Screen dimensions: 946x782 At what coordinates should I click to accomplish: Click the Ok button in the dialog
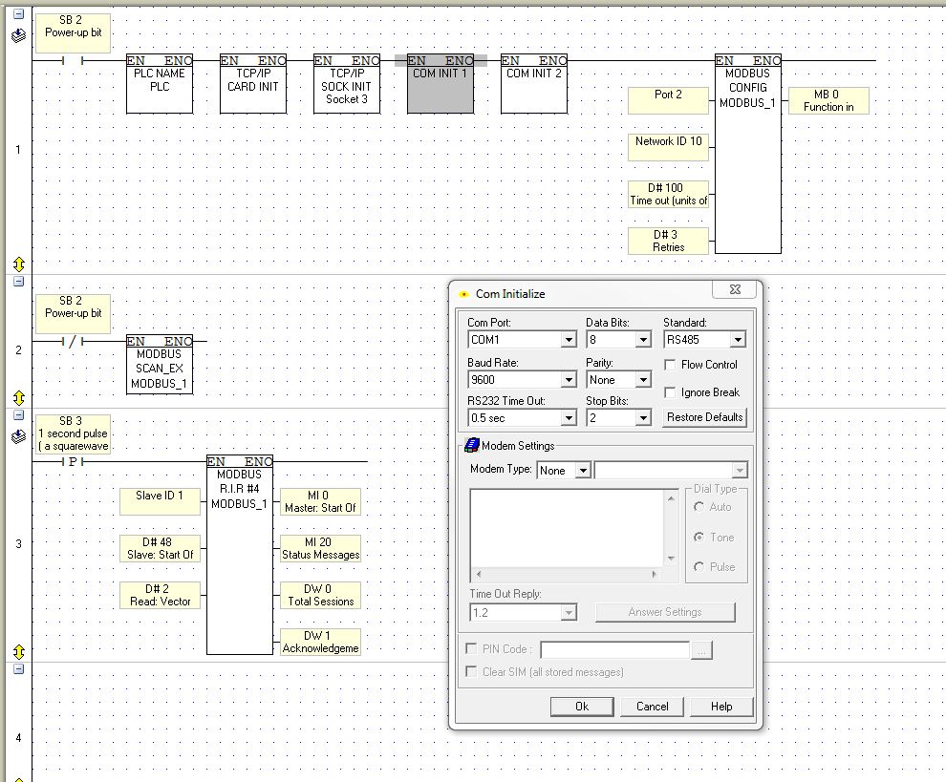[x=582, y=706]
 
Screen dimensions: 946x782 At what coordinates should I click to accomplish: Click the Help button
[x=720, y=706]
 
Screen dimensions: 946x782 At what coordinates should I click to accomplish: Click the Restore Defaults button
[x=704, y=417]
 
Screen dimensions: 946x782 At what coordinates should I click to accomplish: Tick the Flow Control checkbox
[x=670, y=365]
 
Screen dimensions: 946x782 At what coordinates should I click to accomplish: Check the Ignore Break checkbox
[x=670, y=392]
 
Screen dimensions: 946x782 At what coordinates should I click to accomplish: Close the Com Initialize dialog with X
[x=735, y=289]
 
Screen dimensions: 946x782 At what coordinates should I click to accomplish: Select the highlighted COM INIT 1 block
[x=441, y=84]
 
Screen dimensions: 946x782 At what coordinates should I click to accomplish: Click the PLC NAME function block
[x=160, y=84]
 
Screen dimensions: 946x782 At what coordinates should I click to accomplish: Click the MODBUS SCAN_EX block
[x=160, y=366]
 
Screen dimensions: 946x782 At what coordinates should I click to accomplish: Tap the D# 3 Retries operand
[x=669, y=241]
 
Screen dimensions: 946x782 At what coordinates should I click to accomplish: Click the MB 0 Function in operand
[x=828, y=100]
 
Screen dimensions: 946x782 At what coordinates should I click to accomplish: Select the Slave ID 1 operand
[x=160, y=501]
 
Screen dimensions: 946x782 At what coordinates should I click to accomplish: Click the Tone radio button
[x=699, y=537]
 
